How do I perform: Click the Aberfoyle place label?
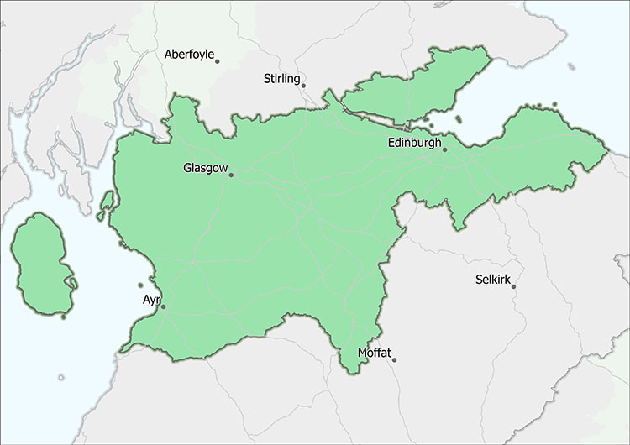click(x=188, y=55)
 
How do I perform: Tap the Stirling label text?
click(x=281, y=79)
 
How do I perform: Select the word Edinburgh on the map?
click(x=415, y=144)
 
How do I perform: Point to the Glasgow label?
click(x=205, y=169)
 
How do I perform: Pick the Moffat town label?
click(x=374, y=353)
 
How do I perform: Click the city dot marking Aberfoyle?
click(x=218, y=60)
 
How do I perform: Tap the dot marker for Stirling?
click(x=304, y=85)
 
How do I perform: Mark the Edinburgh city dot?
click(x=445, y=149)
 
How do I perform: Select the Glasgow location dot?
click(x=232, y=175)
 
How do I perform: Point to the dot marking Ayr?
click(x=164, y=306)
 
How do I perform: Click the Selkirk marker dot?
click(x=513, y=287)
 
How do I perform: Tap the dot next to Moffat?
click(x=394, y=360)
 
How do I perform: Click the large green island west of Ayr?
click(x=42, y=260)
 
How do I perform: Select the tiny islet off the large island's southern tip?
click(x=64, y=317)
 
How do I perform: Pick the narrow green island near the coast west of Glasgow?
click(x=106, y=204)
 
